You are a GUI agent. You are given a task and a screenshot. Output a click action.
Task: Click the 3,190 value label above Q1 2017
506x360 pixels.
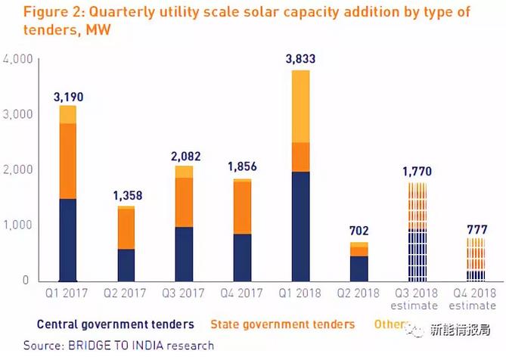[68, 97]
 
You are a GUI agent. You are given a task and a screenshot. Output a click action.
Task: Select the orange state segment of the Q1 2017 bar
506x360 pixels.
[68, 160]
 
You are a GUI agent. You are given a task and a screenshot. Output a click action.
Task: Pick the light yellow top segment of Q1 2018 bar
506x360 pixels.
[300, 106]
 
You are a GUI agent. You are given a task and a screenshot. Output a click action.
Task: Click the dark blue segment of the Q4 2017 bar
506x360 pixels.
[242, 256]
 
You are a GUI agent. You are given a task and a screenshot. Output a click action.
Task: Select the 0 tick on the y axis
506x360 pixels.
[25, 281]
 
